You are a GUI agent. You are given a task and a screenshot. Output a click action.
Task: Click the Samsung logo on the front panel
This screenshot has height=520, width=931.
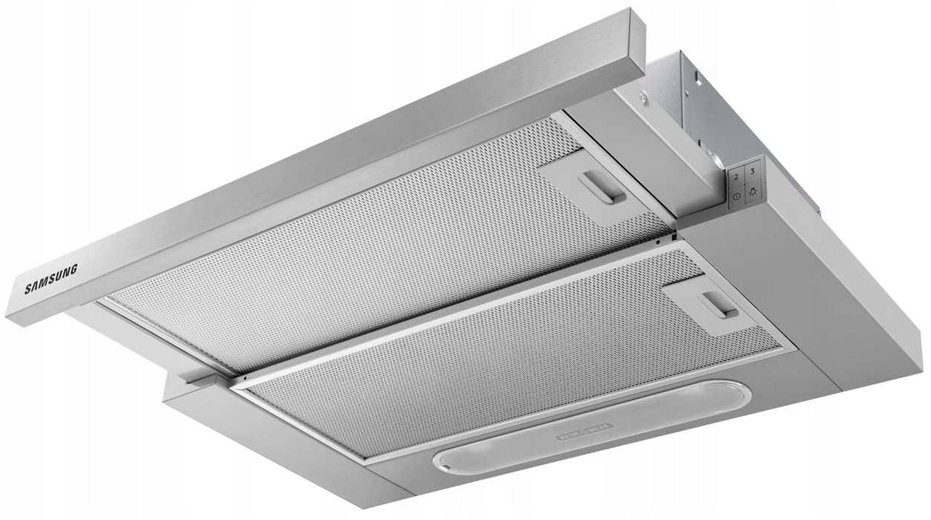tap(51, 280)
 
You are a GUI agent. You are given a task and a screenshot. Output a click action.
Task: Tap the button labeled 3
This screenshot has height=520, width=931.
tap(753, 170)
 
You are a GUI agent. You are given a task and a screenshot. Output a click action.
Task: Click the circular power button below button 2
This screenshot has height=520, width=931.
tap(737, 197)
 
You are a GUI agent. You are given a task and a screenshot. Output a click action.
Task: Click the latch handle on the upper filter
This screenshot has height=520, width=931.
tap(601, 188)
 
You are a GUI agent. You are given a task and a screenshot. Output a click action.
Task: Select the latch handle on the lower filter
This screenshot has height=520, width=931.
tap(719, 305)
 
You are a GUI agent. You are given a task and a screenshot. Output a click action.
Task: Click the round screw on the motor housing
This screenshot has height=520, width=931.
tap(643, 98)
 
